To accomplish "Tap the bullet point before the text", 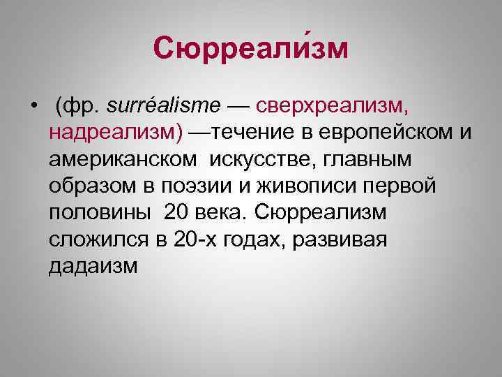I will click(x=33, y=106).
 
